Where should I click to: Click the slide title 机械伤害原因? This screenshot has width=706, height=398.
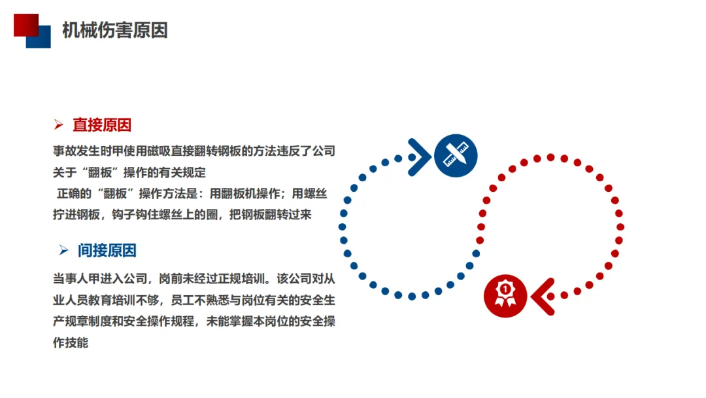[114, 30]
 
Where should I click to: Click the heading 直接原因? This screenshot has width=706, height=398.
[102, 125]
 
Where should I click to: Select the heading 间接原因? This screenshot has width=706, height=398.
[107, 250]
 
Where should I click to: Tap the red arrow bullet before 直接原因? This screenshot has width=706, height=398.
[59, 124]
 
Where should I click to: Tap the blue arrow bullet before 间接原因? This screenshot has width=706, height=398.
[63, 250]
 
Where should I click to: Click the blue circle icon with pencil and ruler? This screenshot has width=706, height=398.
[455, 156]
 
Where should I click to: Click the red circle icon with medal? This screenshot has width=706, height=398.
[505, 295]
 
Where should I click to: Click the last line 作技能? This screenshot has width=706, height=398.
[71, 342]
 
